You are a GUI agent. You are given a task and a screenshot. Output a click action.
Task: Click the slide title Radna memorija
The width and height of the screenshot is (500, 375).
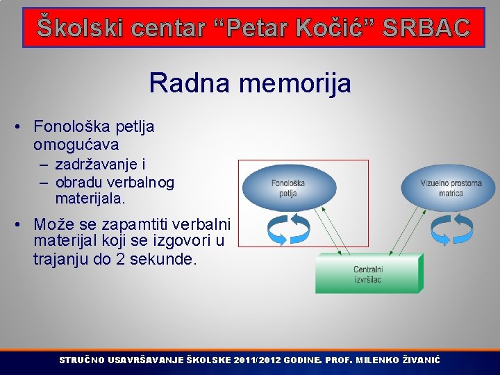coord(250,84)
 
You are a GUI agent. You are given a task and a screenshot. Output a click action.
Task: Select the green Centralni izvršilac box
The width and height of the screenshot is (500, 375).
coord(368,274)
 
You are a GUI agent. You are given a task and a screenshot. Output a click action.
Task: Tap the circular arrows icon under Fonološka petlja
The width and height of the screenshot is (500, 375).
coord(287,230)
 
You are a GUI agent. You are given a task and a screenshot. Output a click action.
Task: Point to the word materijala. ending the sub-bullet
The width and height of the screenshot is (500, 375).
coord(90,199)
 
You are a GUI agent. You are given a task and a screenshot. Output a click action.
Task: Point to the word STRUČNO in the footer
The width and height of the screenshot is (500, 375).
coord(82,360)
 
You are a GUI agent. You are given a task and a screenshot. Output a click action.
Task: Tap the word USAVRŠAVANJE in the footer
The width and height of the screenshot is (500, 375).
coord(147,360)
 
